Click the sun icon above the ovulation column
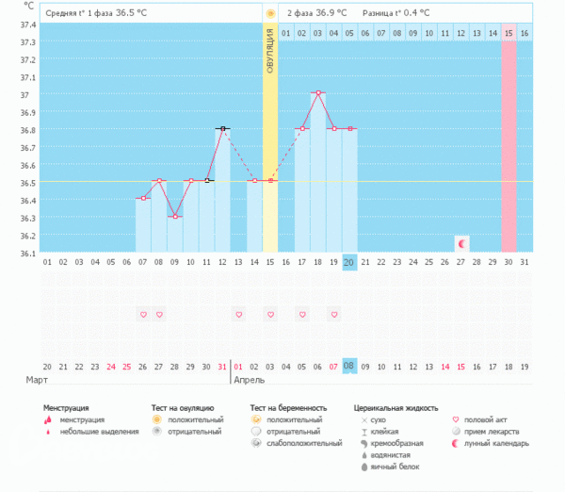click(x=270, y=13)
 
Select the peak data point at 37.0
click(x=318, y=93)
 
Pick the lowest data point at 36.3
click(x=174, y=217)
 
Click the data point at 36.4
click(x=142, y=199)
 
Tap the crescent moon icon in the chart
click(x=461, y=243)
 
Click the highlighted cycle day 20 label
click(x=349, y=262)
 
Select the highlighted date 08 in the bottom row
click(x=349, y=366)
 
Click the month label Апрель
click(x=250, y=379)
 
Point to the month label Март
click(x=38, y=379)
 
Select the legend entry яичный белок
click(x=393, y=467)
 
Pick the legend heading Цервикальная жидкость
click(x=395, y=408)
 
